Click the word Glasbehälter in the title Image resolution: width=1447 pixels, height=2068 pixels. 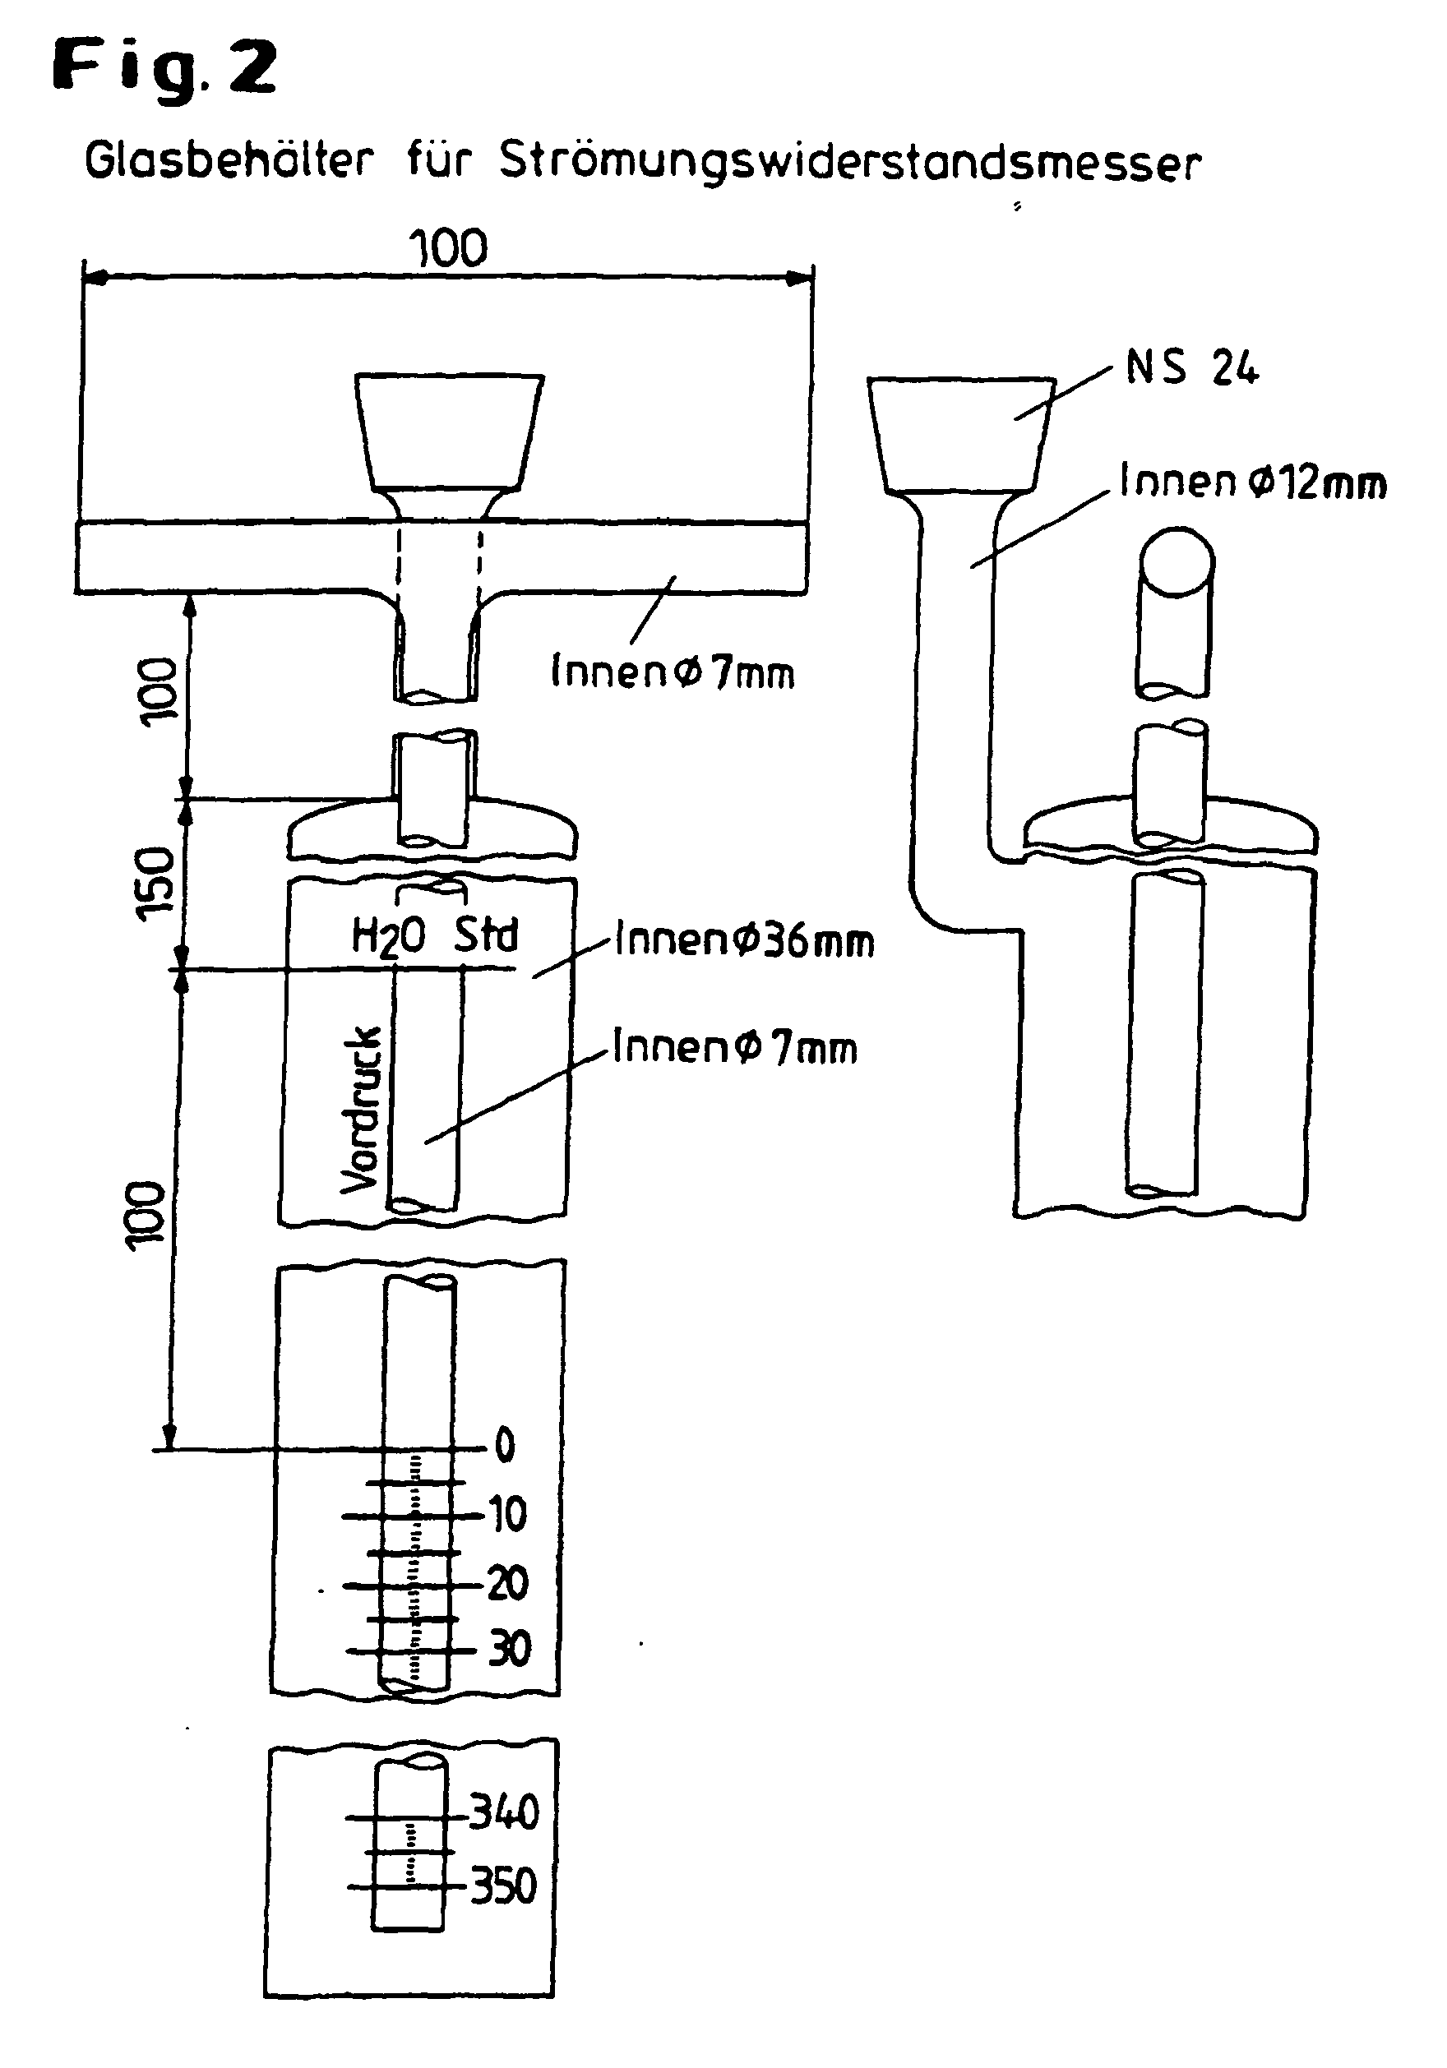[x=229, y=159]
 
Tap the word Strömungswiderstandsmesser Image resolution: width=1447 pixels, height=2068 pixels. [x=849, y=162]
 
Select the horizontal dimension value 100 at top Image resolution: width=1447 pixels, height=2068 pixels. [x=448, y=247]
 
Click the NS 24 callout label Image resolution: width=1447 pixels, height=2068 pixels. [x=1191, y=367]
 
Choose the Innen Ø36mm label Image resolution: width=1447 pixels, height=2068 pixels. [x=744, y=940]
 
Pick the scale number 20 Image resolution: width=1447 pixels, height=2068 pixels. [x=508, y=1583]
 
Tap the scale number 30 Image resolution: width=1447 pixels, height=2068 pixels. [x=509, y=1649]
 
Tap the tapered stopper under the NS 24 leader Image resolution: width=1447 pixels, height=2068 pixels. [x=961, y=435]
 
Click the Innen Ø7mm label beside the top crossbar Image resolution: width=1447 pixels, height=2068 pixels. [x=673, y=672]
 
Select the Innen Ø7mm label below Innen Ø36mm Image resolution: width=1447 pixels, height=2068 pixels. [x=734, y=1046]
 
